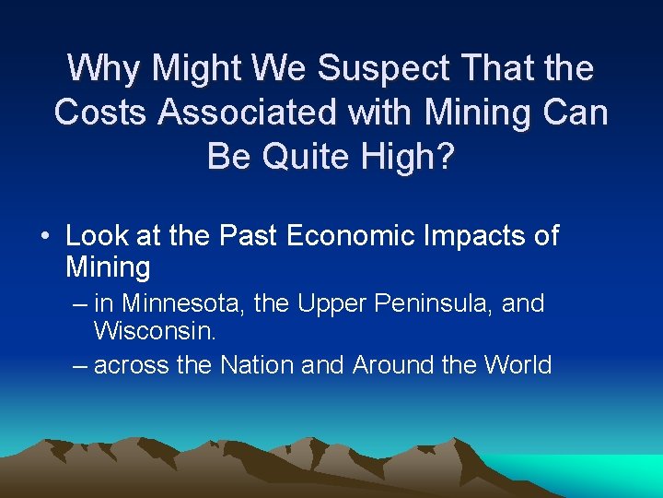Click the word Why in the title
click(x=105, y=67)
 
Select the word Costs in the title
click(x=101, y=112)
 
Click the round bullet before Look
click(x=45, y=237)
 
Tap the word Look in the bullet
click(x=97, y=236)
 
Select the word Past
click(x=249, y=236)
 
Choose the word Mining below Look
click(x=108, y=267)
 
